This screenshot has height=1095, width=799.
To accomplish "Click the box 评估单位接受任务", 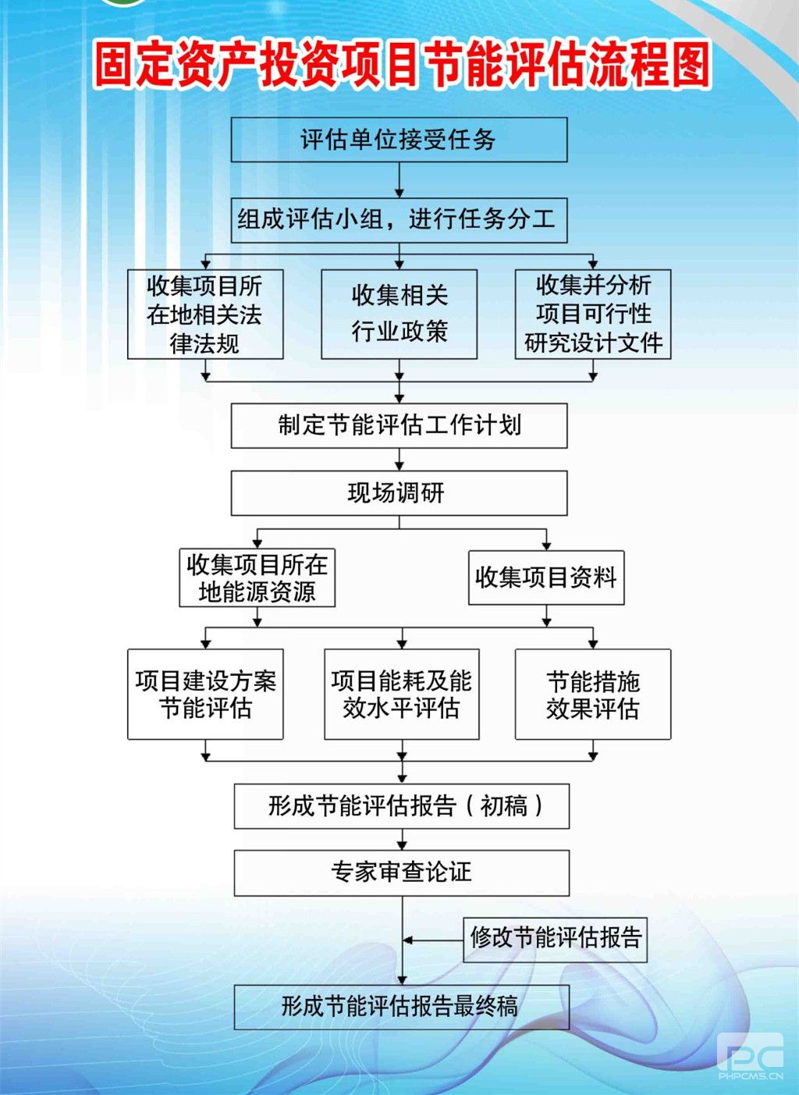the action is click(x=399, y=140).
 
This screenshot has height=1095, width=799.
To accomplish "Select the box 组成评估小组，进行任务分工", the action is click(x=399, y=220).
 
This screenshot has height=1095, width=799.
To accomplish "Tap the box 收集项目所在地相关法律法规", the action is click(x=205, y=314).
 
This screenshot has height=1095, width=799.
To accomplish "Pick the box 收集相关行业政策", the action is click(x=399, y=314).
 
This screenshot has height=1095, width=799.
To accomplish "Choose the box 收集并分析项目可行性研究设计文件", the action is click(x=593, y=314).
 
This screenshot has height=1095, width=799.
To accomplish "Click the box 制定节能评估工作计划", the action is click(x=399, y=425).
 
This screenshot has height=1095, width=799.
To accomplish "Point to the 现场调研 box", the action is click(x=399, y=492).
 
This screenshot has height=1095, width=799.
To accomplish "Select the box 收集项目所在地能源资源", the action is click(x=257, y=578).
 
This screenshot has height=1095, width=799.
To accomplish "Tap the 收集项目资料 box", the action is click(x=546, y=578).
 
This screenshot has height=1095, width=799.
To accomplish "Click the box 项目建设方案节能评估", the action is click(x=205, y=694).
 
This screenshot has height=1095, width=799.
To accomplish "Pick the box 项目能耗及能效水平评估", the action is click(x=402, y=694).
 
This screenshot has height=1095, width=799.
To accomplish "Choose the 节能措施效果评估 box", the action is click(x=593, y=694).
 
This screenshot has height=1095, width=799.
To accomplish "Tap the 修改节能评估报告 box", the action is click(x=555, y=940).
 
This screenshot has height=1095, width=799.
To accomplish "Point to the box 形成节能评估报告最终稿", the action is click(x=402, y=1007).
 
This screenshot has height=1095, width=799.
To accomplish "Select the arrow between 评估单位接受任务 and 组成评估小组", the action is click(x=399, y=180).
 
